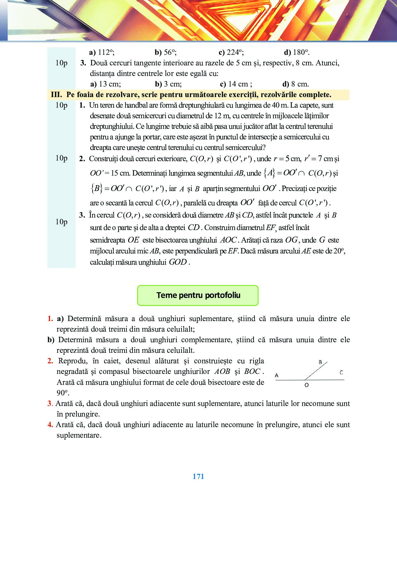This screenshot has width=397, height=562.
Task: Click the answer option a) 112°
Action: [x=102, y=52]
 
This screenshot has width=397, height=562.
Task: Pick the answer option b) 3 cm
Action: [x=168, y=84]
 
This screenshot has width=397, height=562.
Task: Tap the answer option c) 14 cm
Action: [x=236, y=84]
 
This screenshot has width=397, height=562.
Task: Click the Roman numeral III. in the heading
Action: [x=56, y=95]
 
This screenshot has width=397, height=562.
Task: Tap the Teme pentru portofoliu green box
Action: [x=198, y=295]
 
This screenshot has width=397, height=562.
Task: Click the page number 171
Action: [x=199, y=476]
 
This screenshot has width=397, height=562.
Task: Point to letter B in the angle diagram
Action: [x=320, y=362]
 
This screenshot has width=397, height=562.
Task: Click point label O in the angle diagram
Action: [x=307, y=385]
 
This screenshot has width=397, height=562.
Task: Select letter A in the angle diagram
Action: [x=277, y=375]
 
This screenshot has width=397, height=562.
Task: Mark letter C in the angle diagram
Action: [x=341, y=372]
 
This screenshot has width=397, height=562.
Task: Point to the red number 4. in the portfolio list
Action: [x=50, y=425]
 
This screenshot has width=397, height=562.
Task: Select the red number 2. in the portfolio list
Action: [x=50, y=361]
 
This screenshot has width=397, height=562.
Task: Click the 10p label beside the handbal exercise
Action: [x=61, y=105]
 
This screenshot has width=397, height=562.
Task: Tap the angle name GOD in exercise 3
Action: [x=178, y=262]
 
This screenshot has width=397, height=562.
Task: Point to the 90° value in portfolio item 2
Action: [x=63, y=393]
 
